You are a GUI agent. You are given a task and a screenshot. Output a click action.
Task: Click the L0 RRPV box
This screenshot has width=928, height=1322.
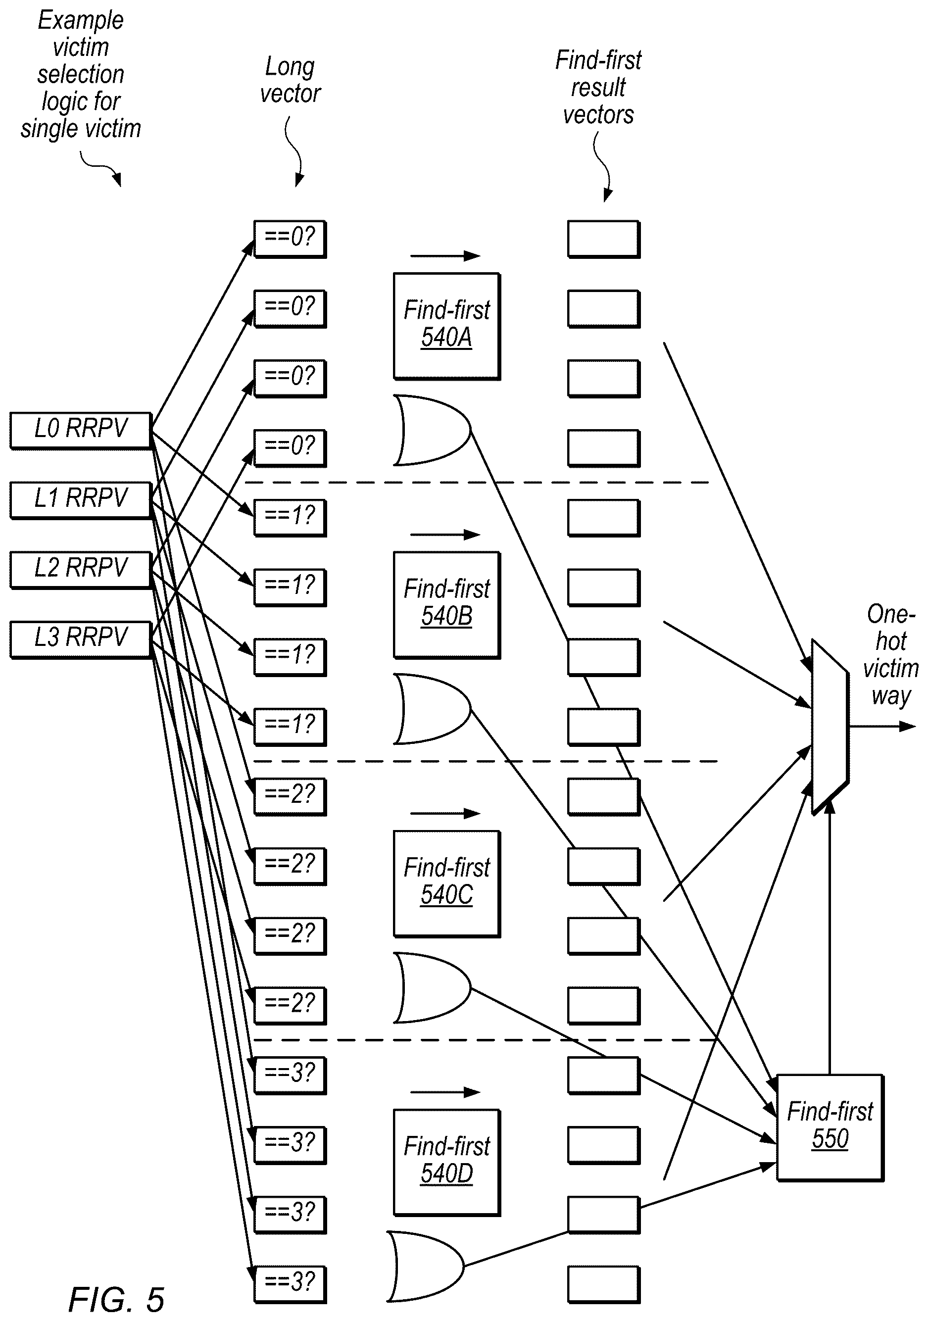[81, 430]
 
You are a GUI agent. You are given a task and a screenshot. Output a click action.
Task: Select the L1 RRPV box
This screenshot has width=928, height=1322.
[81, 500]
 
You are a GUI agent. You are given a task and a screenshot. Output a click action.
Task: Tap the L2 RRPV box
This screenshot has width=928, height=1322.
[81, 570]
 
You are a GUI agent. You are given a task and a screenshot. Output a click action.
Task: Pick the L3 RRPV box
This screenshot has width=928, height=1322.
[81, 639]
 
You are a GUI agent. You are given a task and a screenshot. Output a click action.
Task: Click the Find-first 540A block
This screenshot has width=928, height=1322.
[447, 326]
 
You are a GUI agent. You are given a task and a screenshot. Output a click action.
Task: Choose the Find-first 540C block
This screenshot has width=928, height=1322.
[447, 883]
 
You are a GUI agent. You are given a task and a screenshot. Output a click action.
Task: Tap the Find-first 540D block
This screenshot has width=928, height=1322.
[447, 1162]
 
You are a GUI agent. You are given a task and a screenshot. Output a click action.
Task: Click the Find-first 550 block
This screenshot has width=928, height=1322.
[830, 1127]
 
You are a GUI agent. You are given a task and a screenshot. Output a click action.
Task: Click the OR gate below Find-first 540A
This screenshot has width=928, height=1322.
[432, 430]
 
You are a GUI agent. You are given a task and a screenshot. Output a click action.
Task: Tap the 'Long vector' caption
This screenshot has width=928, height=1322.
[290, 80]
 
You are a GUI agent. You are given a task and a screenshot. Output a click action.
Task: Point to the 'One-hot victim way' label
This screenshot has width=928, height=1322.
[890, 655]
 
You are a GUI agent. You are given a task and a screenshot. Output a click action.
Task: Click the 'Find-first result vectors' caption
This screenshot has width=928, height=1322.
[598, 88]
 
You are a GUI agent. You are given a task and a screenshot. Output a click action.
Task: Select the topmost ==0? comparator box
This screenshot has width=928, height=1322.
[290, 239]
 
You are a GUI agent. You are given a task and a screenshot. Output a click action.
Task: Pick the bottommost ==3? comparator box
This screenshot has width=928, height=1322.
[290, 1284]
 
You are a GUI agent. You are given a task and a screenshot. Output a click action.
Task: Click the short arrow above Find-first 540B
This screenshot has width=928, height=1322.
[445, 535]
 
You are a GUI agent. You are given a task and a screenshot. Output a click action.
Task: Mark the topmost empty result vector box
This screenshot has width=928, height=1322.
[603, 239]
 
